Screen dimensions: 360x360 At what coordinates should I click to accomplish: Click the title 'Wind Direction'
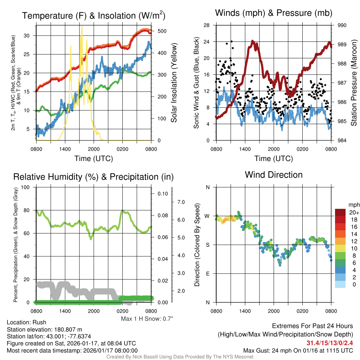coord(274,175)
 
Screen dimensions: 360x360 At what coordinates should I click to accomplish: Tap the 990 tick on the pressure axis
coord(342,25)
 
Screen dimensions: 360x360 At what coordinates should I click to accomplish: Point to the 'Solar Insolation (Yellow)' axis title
coord(174,83)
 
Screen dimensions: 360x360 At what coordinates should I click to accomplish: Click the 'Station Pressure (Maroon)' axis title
coord(354,83)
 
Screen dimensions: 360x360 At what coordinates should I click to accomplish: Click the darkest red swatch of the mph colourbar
coord(341,212)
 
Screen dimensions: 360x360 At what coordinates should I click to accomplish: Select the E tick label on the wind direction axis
coord(208,274)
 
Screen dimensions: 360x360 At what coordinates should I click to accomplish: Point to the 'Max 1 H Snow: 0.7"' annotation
coord(147,319)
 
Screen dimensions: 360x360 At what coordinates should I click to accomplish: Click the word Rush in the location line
coord(39,322)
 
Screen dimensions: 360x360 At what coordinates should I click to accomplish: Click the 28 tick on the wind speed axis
coord(206,25)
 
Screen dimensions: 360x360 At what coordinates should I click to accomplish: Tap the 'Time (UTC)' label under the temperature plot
coord(94,159)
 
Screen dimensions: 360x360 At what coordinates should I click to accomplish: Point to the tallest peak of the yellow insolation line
coord(82,26)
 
